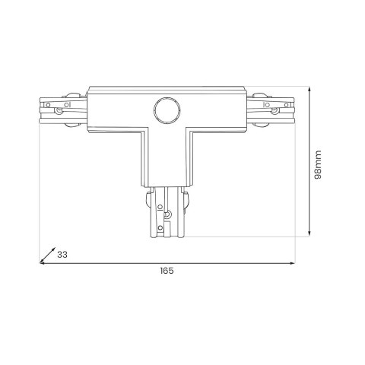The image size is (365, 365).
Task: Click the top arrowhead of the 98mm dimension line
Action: pos(309,90)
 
